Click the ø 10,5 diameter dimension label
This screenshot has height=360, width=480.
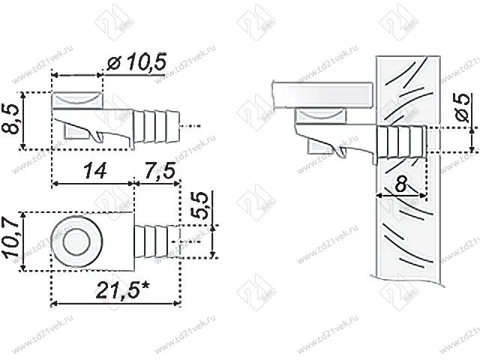coord(136,64)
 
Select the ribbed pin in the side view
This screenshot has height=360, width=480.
coord(158,120)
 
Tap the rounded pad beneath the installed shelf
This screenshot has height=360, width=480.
coord(322,115)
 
